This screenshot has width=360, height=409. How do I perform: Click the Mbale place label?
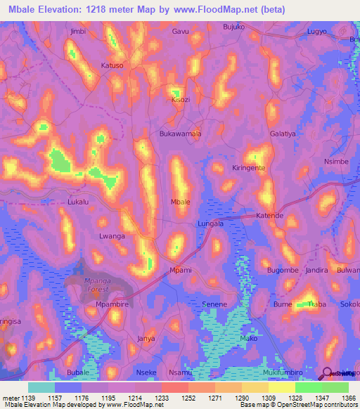(181, 202)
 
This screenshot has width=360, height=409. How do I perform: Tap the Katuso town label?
(112, 65)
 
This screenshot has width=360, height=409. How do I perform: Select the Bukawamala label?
(181, 133)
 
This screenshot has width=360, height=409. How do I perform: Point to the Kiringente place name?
(251, 168)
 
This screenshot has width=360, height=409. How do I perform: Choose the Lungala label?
(210, 223)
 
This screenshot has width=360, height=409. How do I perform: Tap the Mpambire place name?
(110, 304)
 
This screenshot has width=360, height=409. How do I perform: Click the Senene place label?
(214, 304)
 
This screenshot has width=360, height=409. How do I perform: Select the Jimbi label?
(78, 32)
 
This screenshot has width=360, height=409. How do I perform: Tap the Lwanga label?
(112, 236)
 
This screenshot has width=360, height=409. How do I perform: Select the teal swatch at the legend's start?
(41, 387)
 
